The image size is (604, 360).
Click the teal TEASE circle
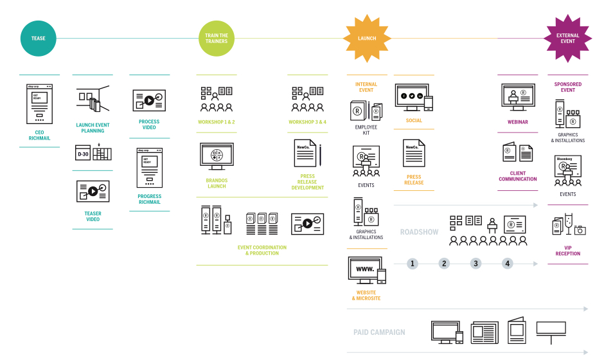(39, 39)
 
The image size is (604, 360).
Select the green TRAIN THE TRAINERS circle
(217, 39)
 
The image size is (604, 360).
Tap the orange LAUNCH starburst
(367, 39)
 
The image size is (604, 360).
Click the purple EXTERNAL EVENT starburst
(567, 39)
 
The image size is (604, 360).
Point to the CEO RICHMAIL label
(39, 135)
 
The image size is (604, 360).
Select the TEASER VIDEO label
(93, 216)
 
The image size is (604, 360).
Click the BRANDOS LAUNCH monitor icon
(217, 156)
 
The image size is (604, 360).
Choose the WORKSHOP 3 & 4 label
(307, 122)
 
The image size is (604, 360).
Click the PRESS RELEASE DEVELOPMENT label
(308, 182)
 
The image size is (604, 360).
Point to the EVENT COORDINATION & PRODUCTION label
(262, 250)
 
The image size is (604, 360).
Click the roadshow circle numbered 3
(475, 264)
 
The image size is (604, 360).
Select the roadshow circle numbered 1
(413, 264)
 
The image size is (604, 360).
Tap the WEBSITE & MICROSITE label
(366, 296)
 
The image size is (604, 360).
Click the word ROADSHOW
(419, 232)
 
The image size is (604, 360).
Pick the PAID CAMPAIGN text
(379, 332)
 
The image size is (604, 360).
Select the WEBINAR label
(518, 122)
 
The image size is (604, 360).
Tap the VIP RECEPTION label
(567, 250)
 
